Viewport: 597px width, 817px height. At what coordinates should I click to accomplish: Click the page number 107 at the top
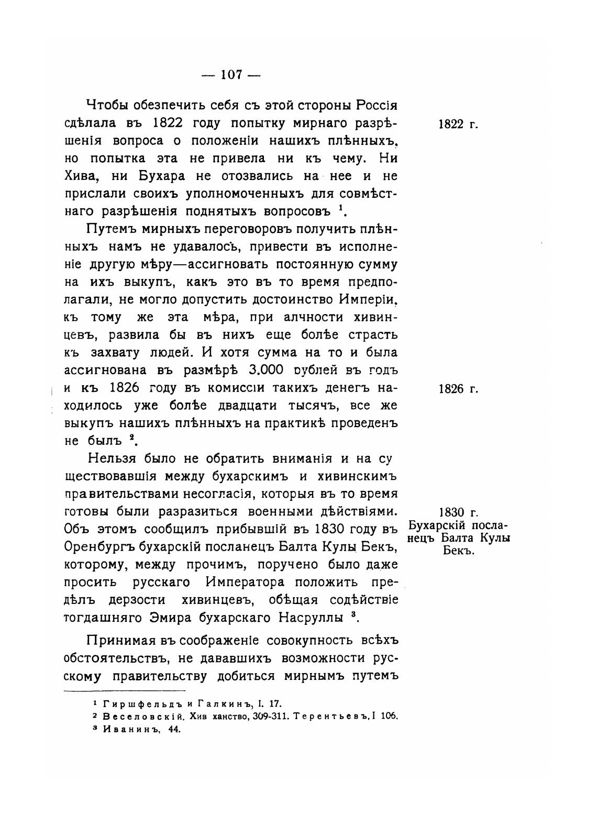point(231,75)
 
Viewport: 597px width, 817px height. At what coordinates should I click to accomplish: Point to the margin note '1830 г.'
point(458,512)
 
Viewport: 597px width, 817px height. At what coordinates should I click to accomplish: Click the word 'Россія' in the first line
point(377,105)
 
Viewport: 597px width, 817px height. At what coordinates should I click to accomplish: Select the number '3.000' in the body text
point(267,370)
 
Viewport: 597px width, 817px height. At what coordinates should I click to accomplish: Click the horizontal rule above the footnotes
point(124,691)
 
